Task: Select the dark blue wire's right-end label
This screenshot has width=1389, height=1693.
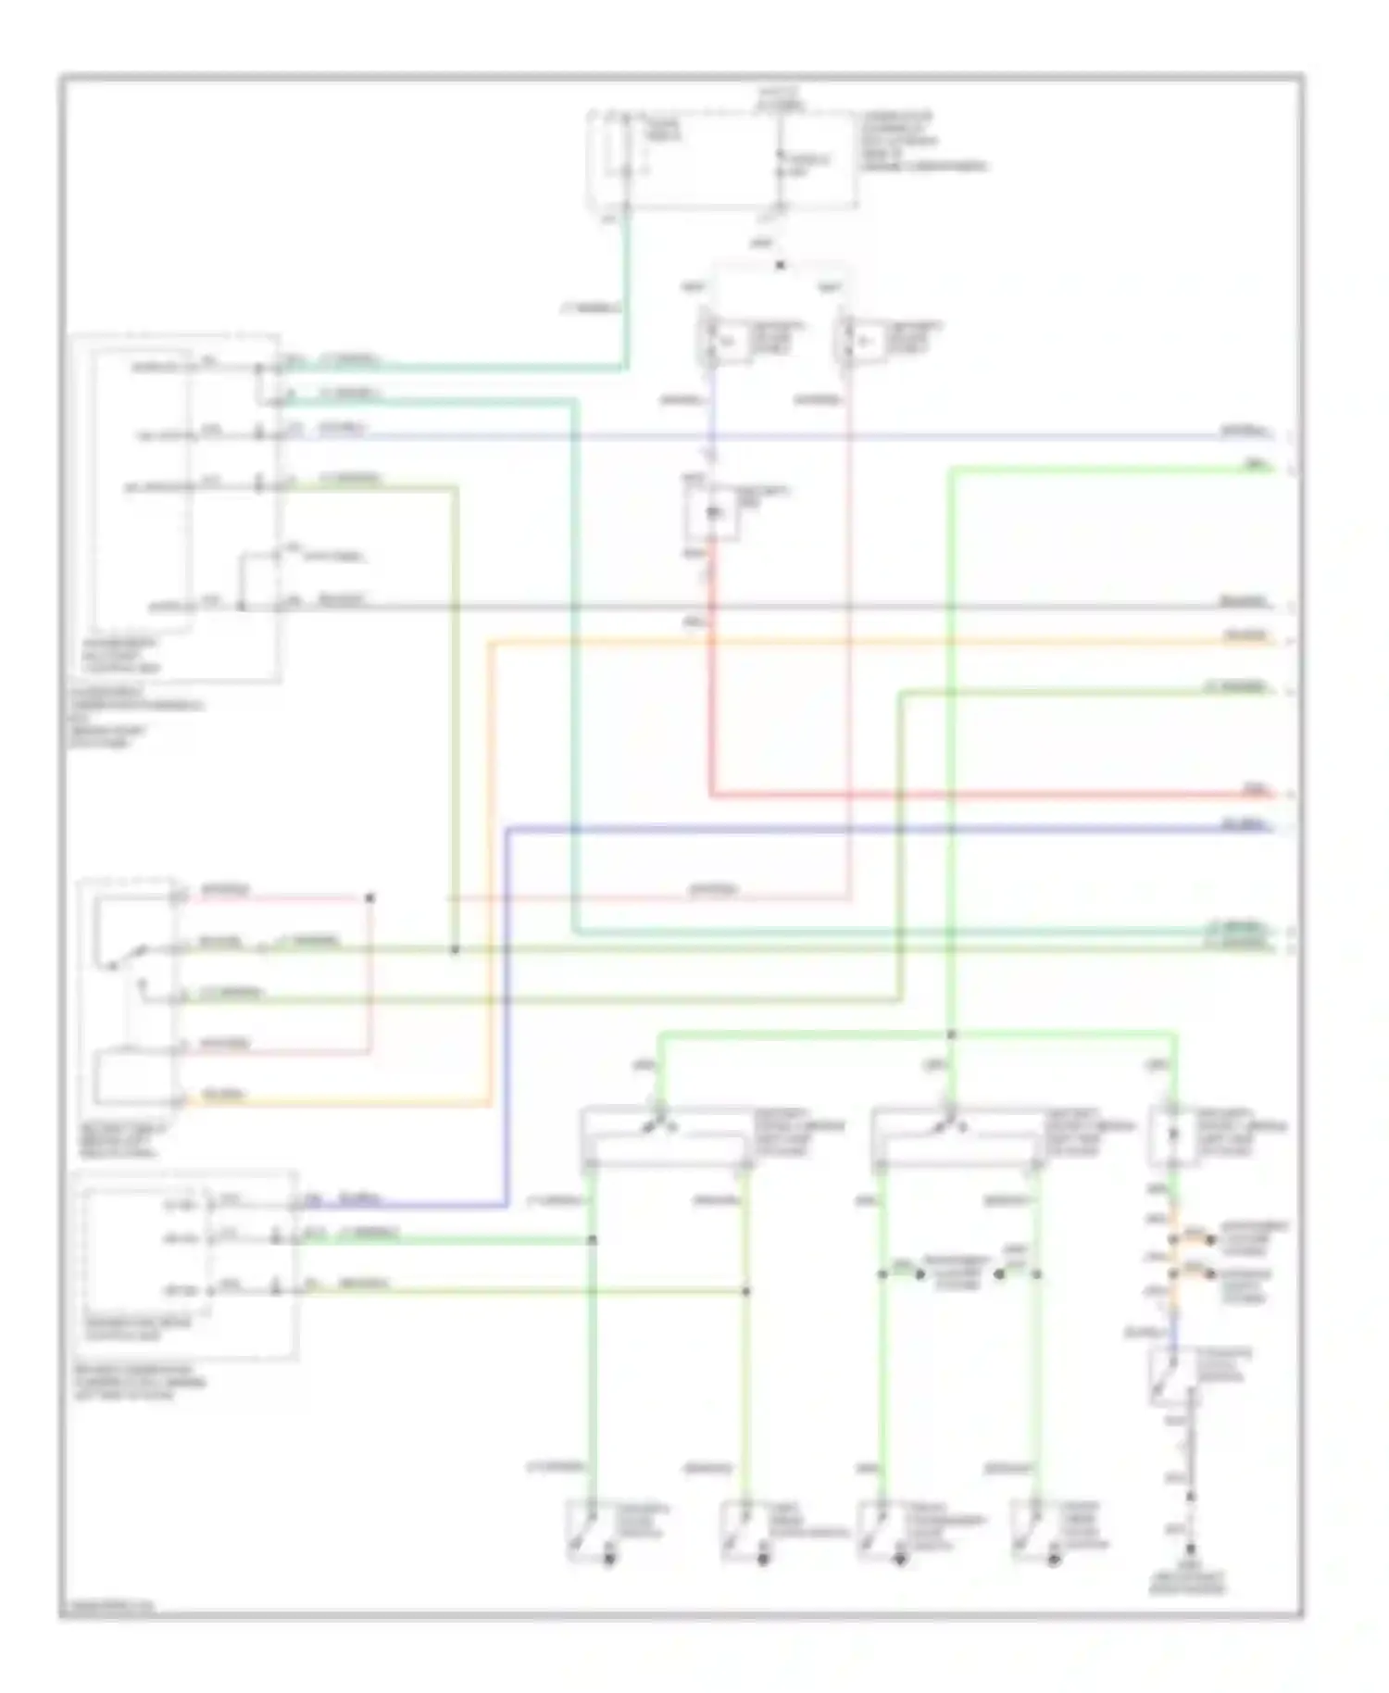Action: pos(1241,823)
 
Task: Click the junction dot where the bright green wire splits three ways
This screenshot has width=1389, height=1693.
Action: pos(951,1035)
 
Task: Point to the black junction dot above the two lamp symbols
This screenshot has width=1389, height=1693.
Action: pos(780,266)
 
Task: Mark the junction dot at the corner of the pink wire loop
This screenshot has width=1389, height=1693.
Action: pos(369,897)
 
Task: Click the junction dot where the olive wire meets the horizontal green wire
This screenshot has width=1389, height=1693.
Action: pos(454,950)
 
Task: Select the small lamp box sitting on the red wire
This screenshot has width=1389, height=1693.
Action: pos(712,512)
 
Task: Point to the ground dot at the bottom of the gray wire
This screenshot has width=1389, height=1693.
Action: pos(1190,1548)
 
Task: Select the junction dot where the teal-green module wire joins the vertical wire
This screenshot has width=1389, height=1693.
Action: pos(593,1240)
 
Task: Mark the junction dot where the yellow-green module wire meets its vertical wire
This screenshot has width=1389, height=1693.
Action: pos(746,1290)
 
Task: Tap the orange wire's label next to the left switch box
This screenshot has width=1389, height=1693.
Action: pos(222,1096)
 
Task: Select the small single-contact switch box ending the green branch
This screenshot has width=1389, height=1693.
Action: pos(1173,1134)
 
